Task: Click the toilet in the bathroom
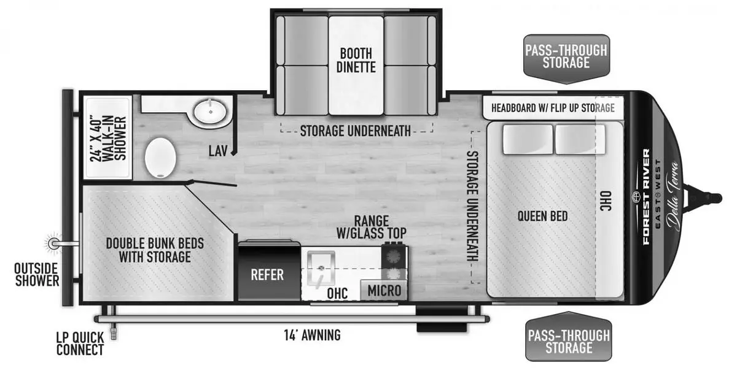(x=160, y=158)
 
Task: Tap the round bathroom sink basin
(x=210, y=112)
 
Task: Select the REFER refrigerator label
(x=267, y=275)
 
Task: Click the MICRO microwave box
(x=384, y=290)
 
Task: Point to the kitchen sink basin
(x=321, y=267)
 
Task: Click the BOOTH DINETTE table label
(x=356, y=61)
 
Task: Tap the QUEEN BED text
(x=542, y=216)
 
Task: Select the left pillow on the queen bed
(x=528, y=140)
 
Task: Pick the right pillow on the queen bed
(x=580, y=140)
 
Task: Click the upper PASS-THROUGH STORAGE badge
(x=566, y=58)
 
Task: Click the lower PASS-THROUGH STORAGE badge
(x=569, y=337)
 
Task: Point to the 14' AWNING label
(x=312, y=335)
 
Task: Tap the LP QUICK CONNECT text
(x=80, y=343)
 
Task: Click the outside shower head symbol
(x=53, y=243)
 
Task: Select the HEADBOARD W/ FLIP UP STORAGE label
(x=553, y=108)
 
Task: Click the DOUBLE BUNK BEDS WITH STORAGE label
(x=155, y=250)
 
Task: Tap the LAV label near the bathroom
(x=218, y=151)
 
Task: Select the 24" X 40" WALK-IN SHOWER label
(x=108, y=139)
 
